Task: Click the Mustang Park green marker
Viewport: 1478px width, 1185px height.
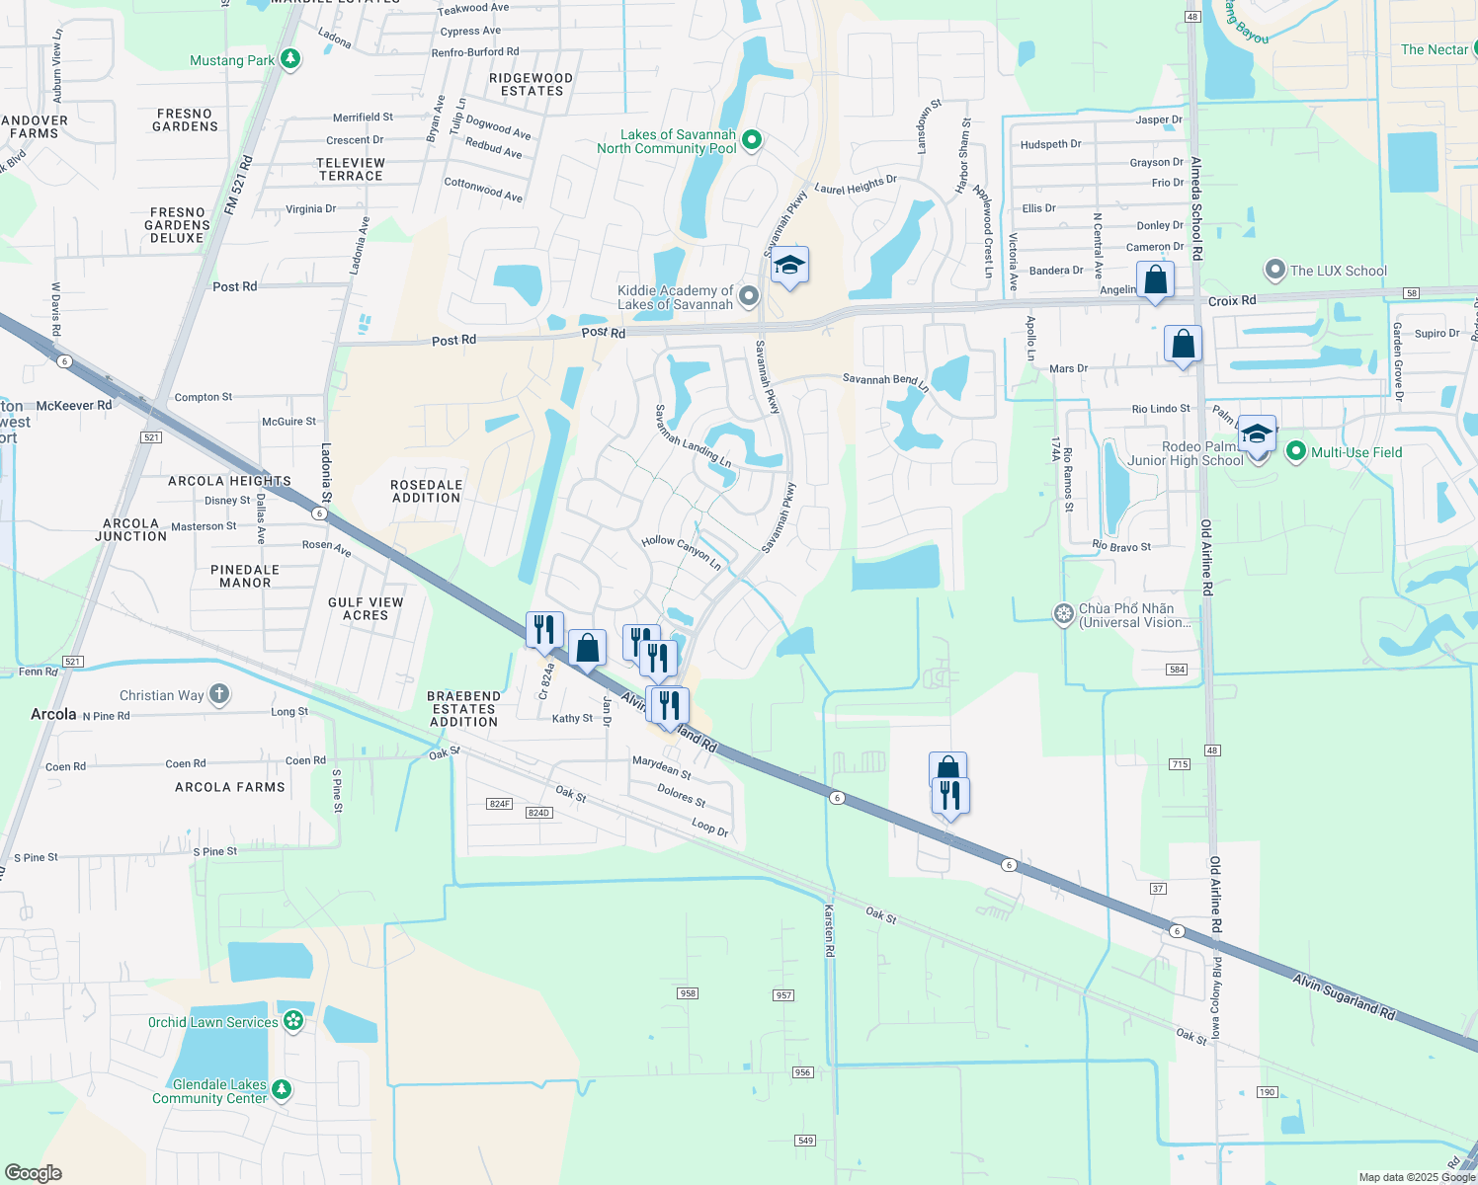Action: click(289, 60)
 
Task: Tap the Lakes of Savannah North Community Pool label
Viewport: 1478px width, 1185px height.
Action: click(667, 142)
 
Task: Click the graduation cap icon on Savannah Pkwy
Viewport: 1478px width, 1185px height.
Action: click(788, 267)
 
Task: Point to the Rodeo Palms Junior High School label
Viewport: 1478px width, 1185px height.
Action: click(1186, 453)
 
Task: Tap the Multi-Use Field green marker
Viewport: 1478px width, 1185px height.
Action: click(1296, 452)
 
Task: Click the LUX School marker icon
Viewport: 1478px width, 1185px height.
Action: click(1275, 270)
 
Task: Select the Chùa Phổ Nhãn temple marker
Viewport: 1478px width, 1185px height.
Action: click(1063, 614)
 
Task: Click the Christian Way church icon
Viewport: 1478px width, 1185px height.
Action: click(219, 695)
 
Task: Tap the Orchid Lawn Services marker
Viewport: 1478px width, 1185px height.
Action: click(293, 1021)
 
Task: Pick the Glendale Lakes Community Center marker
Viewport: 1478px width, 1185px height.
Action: click(282, 1090)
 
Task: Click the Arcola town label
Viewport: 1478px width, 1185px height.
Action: click(53, 714)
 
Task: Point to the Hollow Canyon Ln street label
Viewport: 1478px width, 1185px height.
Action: click(682, 552)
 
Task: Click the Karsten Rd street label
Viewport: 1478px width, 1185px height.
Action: click(830, 929)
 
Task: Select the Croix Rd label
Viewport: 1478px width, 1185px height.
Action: click(1232, 300)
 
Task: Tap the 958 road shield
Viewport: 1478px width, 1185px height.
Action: click(688, 992)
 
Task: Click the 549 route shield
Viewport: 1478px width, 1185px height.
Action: click(805, 1141)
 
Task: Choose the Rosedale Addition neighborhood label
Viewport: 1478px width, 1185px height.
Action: click(426, 491)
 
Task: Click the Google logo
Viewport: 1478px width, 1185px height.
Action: click(34, 1173)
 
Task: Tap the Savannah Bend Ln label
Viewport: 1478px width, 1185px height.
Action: click(885, 380)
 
